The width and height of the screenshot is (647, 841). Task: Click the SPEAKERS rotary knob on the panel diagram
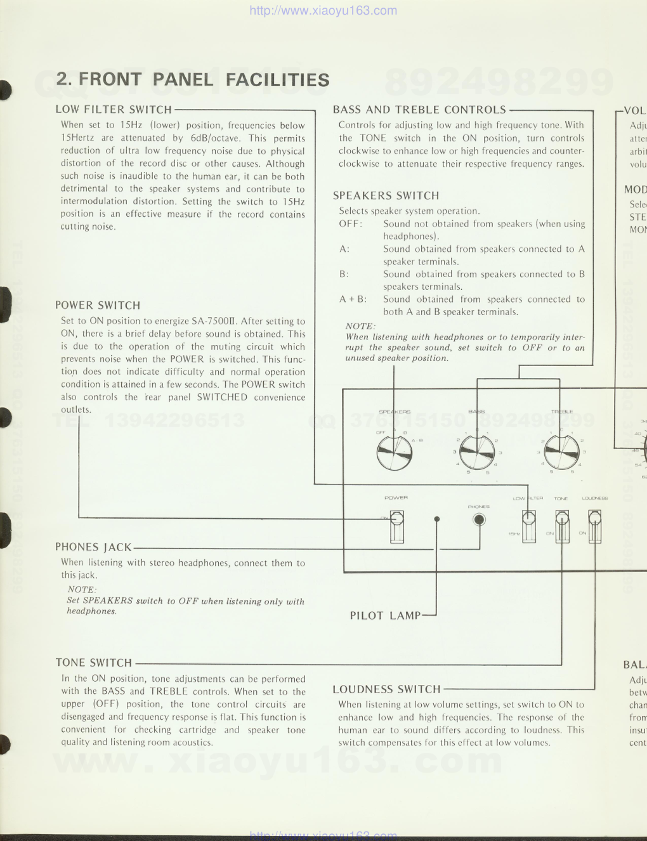click(394, 452)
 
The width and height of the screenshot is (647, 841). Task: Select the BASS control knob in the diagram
click(477, 452)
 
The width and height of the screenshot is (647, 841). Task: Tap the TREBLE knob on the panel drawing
click(561, 452)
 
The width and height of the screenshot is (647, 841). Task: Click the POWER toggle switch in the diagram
click(396, 526)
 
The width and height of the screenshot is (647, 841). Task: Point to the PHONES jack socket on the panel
click(479, 520)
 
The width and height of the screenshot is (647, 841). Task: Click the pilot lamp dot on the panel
click(436, 519)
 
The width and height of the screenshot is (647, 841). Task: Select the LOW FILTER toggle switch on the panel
click(528, 526)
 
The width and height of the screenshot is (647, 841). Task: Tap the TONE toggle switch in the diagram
click(561, 526)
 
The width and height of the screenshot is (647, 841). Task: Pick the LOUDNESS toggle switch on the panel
click(594, 526)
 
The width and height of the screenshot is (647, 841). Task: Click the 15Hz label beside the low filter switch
click(514, 534)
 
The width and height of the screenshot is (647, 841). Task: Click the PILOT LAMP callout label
click(385, 615)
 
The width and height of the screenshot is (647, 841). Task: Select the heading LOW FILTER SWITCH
click(114, 110)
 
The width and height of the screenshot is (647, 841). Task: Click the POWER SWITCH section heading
click(98, 305)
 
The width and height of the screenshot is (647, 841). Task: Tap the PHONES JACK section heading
click(93, 547)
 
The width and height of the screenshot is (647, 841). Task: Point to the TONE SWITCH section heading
click(93, 663)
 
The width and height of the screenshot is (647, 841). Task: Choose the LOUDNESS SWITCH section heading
click(386, 689)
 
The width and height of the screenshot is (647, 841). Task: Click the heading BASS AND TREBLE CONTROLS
click(419, 110)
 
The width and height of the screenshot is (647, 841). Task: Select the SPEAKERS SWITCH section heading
click(386, 196)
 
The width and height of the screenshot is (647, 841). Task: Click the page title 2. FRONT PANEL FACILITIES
click(193, 80)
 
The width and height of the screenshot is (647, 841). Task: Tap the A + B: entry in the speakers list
click(353, 299)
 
